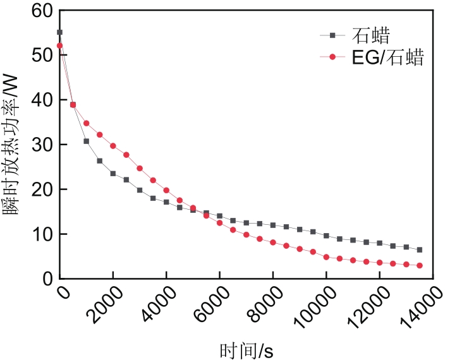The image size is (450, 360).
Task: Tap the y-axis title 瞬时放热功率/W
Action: point(14,144)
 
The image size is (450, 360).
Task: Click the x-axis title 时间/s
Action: point(246,349)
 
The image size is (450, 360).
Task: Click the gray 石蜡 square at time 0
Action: point(59,32)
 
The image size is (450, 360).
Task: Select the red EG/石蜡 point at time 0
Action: point(59,45)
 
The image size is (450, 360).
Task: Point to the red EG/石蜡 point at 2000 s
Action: point(113,146)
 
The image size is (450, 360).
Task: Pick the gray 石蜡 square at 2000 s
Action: point(113,174)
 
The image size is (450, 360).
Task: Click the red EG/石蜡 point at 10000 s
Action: point(326,257)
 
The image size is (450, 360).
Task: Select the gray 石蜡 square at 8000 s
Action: point(273,225)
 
